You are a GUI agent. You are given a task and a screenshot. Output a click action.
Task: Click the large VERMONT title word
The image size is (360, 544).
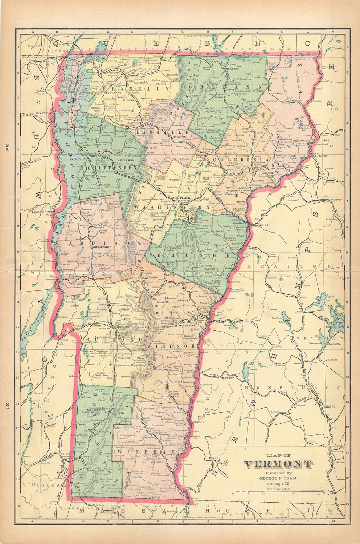click(x=277, y=464)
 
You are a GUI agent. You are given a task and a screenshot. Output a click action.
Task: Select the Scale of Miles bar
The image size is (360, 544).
click(x=278, y=492)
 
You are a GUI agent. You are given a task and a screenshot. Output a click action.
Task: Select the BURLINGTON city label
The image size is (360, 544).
click(x=76, y=158)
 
